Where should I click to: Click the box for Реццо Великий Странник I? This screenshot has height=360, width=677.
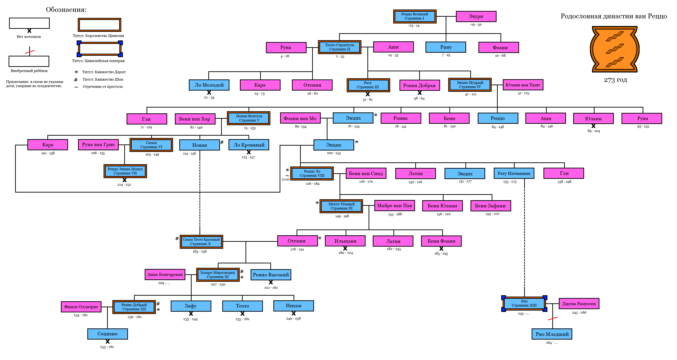[x=415, y=16]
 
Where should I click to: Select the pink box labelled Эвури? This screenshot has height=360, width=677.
[x=476, y=16]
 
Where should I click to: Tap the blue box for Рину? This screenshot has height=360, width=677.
[x=446, y=47]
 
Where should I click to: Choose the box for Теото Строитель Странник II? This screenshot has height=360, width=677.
[x=339, y=47]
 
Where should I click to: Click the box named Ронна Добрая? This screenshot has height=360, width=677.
[x=419, y=85]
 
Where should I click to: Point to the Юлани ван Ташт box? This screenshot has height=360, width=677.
[x=523, y=85]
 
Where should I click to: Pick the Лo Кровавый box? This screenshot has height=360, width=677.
[x=249, y=145]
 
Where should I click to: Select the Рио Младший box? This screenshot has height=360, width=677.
[x=552, y=334]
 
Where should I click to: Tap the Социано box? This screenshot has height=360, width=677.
[x=108, y=334]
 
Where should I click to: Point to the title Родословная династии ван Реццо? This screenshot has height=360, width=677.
[x=613, y=16]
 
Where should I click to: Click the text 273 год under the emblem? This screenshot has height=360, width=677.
[x=615, y=80]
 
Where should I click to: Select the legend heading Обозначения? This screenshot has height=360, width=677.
[x=66, y=10]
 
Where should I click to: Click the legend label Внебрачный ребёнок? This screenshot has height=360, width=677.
[x=29, y=71]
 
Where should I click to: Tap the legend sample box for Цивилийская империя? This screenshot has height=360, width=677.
[x=100, y=49]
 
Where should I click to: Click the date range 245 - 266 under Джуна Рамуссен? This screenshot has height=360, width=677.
[x=579, y=312]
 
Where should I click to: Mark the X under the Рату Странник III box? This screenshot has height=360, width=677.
[x=368, y=94]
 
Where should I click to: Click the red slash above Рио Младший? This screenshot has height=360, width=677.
[x=553, y=318]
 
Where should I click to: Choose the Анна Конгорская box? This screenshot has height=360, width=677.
[x=165, y=275]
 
